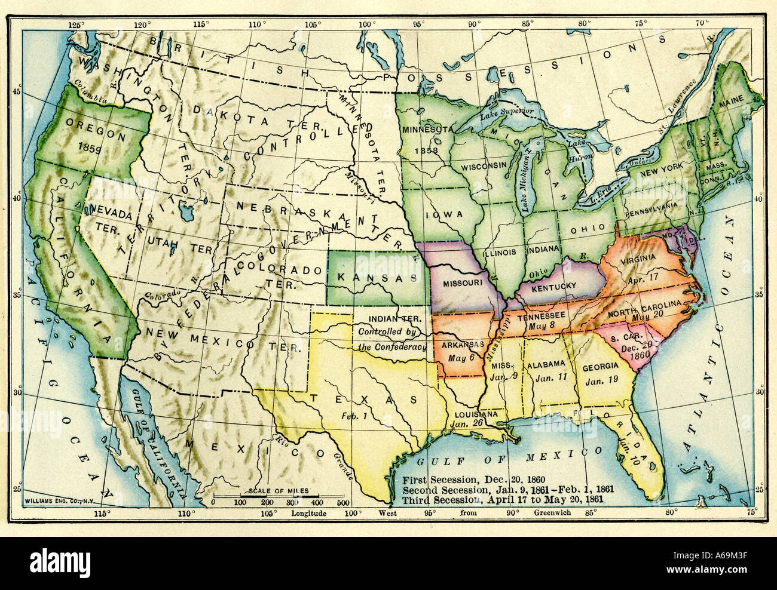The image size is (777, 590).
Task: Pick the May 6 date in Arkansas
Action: (460, 357)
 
